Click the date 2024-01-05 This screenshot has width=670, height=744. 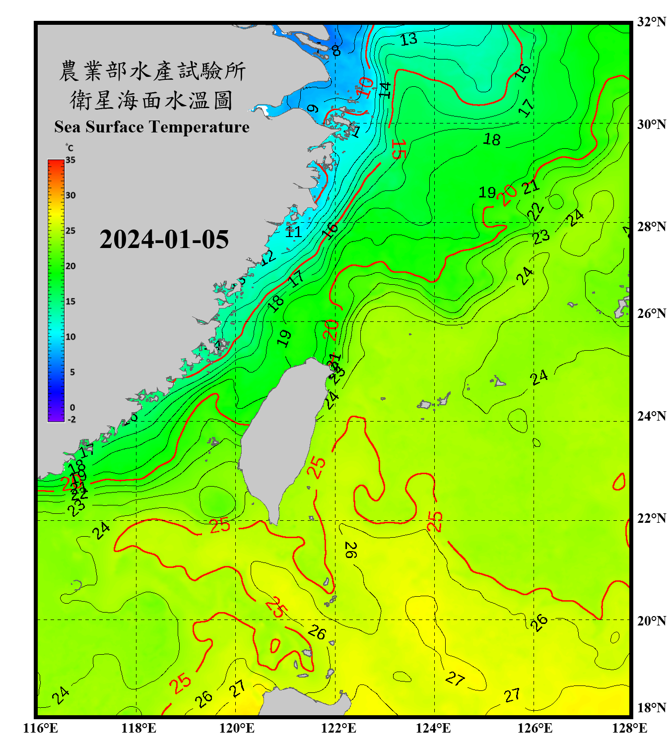coord(164,240)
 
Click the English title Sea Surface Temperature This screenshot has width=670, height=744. coord(152,127)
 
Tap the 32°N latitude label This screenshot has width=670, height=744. coord(651,22)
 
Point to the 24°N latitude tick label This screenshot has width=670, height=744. coord(651,416)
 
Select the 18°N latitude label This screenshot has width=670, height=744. coord(651,708)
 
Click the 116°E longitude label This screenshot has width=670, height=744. coord(40,728)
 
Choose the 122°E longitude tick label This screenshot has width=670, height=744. coord(338,728)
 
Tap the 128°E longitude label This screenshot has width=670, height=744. coord(629,728)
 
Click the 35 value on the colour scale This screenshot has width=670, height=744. coord(70,160)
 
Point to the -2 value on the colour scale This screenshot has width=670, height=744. coord(71,420)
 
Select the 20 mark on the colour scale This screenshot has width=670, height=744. coord(70,266)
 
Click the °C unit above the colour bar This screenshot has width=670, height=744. coord(69,148)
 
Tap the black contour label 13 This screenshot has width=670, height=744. coord(408,39)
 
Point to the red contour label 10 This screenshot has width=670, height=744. coord(366,87)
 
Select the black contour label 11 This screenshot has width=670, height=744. coord(293,232)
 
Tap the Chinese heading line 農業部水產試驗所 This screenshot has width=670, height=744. coord(152,71)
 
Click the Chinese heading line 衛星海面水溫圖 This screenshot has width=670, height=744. coord(152,100)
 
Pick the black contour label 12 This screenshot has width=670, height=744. coord(268,257)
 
